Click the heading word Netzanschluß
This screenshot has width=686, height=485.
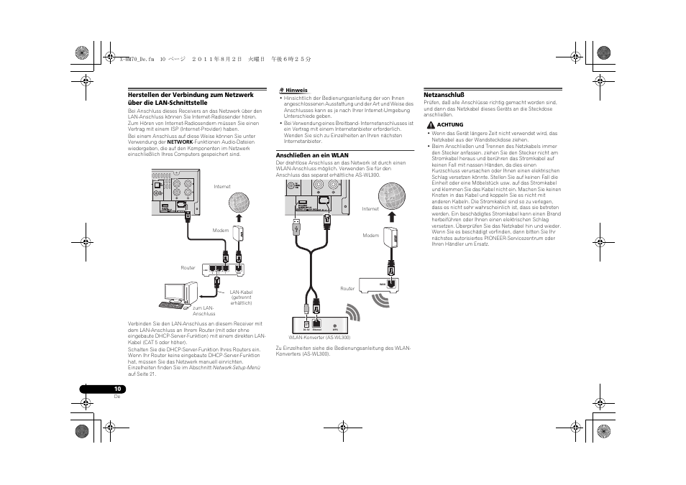tap(444, 94)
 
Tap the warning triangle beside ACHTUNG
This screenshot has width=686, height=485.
tap(430, 124)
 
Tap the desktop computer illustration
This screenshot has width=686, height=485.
tap(180, 295)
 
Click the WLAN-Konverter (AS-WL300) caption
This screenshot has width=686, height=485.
tap(319, 337)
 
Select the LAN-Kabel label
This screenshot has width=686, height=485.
tap(241, 292)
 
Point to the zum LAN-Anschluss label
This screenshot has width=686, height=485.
tap(203, 310)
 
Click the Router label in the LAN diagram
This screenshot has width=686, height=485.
tap(188, 267)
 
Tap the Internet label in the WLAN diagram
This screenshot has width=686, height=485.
tap(370, 209)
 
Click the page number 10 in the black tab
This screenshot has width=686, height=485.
tap(116, 389)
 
